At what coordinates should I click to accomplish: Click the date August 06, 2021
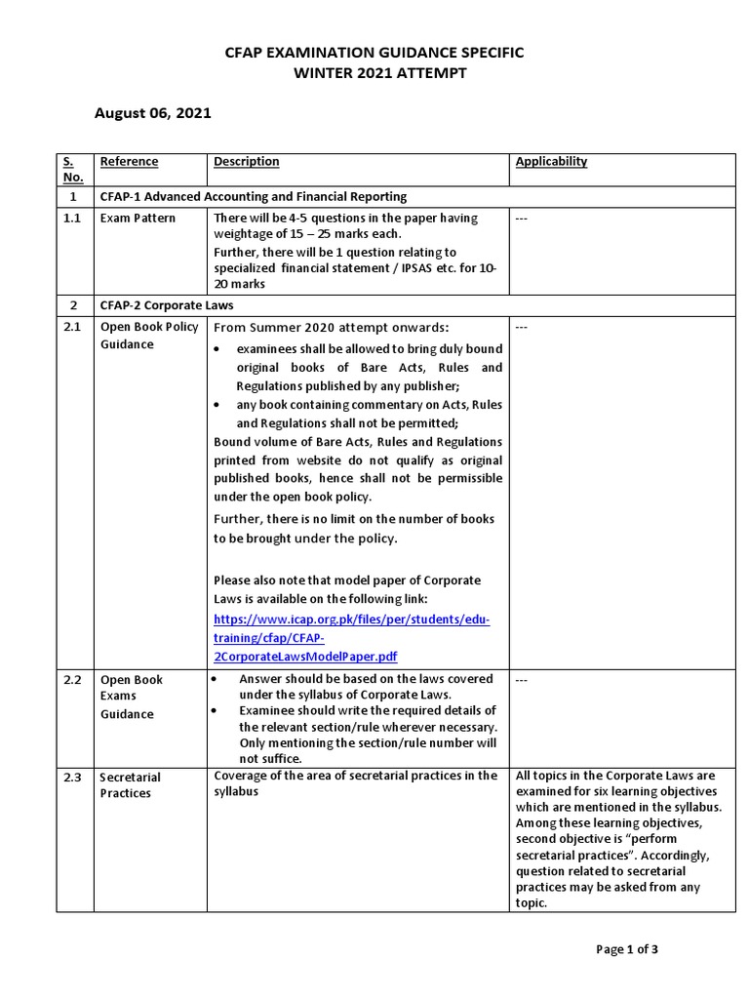click(x=152, y=113)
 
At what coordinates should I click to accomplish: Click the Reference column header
click(x=129, y=162)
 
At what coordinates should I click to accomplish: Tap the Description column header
click(x=246, y=162)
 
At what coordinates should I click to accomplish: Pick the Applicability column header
click(x=551, y=162)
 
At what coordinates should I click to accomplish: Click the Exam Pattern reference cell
click(x=138, y=219)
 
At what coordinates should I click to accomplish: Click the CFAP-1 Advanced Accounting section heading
click(x=254, y=197)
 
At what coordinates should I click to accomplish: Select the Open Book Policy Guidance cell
click(x=148, y=336)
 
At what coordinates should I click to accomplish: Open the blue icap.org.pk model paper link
click(x=351, y=638)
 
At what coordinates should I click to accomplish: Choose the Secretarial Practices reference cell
click(x=130, y=785)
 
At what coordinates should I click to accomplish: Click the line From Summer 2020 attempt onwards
click(x=331, y=328)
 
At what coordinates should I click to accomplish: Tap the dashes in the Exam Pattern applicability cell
click(x=521, y=219)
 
